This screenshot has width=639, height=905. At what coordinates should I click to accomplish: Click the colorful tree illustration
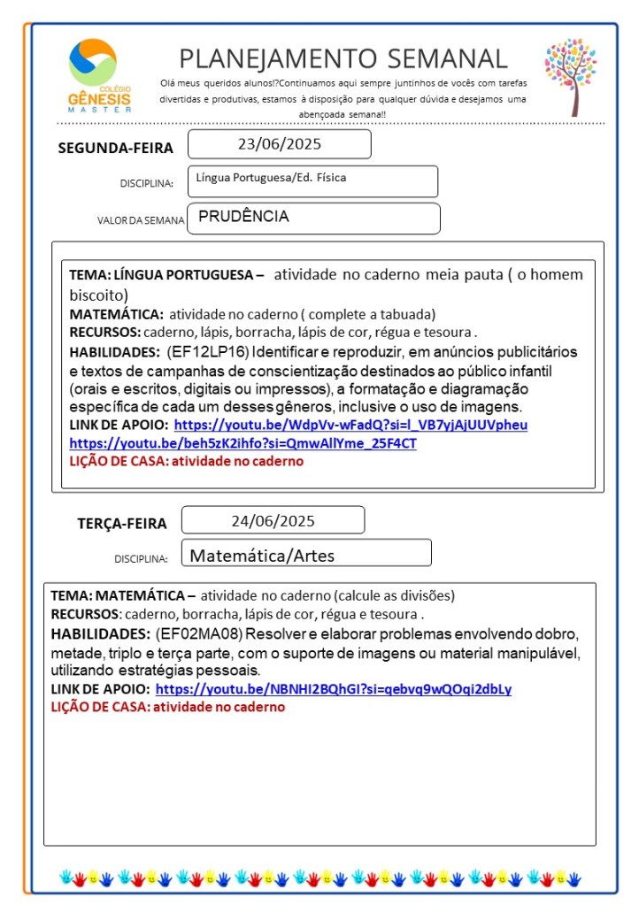pyautogui.click(x=571, y=76)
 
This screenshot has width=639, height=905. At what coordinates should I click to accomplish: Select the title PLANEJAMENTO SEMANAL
pyautogui.click(x=343, y=58)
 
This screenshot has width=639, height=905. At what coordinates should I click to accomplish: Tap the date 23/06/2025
pyautogui.click(x=279, y=144)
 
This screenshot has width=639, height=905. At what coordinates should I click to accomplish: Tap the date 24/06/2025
pyautogui.click(x=273, y=521)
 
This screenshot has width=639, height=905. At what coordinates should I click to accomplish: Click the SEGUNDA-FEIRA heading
pyautogui.click(x=115, y=149)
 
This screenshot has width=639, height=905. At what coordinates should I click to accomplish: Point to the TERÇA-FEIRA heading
pyautogui.click(x=121, y=524)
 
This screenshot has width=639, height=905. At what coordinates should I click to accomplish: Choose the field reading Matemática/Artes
pyautogui.click(x=262, y=556)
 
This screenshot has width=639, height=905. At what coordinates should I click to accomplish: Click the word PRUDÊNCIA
pyautogui.click(x=244, y=217)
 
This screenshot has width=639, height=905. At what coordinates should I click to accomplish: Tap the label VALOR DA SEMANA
pyautogui.click(x=141, y=220)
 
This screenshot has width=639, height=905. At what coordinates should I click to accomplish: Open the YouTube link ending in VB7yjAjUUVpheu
pyautogui.click(x=350, y=426)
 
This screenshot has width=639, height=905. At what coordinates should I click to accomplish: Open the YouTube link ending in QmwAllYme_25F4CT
pyautogui.click(x=243, y=443)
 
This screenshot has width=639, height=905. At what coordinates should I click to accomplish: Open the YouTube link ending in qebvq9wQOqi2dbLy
pyautogui.click(x=333, y=689)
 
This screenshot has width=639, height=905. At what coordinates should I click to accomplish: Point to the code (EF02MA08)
pyautogui.click(x=193, y=634)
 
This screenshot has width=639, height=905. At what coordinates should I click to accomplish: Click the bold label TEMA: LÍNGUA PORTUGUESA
pyautogui.click(x=166, y=275)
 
